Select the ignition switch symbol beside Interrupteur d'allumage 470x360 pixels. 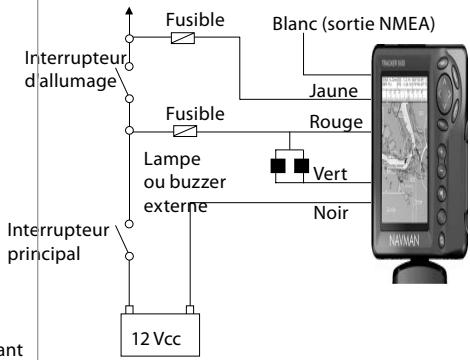[x=125, y=85]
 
